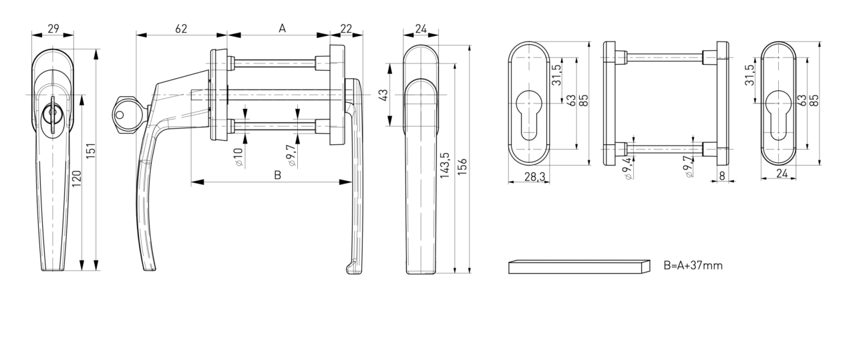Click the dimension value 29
tap(53, 29)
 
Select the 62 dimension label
tap(181, 29)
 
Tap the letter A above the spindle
tap(282, 28)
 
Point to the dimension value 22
tap(346, 29)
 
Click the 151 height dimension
tap(90, 152)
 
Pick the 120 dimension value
tap(77, 178)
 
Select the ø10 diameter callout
tap(238, 157)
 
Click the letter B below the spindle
tap(278, 175)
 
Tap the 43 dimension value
tap(383, 95)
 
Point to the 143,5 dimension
tap(445, 165)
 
